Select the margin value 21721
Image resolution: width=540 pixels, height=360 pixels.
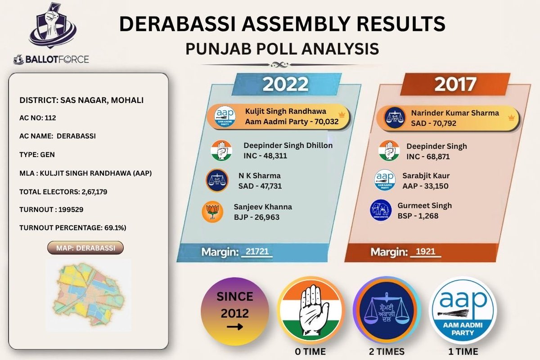pyautogui.click(x=257, y=252)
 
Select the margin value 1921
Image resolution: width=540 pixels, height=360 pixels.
pyautogui.click(x=425, y=252)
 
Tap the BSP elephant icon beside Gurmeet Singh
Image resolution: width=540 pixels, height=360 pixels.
pyautogui.click(x=381, y=210)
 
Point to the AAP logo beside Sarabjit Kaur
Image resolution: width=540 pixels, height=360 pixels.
pyautogui.click(x=385, y=180)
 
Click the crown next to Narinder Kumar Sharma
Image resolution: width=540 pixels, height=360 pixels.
pyautogui.click(x=510, y=117)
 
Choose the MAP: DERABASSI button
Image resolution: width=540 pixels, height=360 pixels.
pyautogui.click(x=85, y=248)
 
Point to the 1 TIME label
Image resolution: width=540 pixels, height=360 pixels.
pyautogui.click(x=463, y=351)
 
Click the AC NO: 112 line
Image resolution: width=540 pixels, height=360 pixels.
pyautogui.click(x=38, y=118)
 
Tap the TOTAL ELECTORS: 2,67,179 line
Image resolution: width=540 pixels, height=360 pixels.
pyautogui.click(x=63, y=192)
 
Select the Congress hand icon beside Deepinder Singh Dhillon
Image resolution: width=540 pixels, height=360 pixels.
pyautogui.click(x=221, y=150)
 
